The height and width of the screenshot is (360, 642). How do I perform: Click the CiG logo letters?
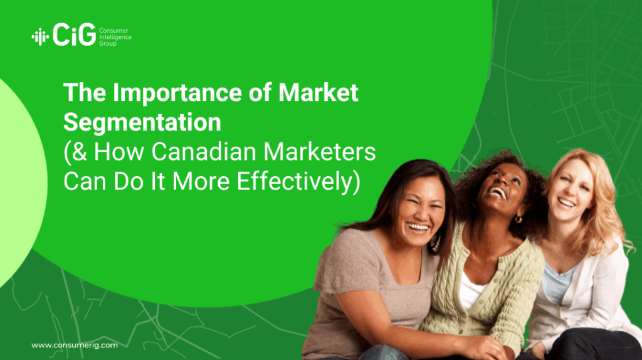pyautogui.click(x=74, y=34)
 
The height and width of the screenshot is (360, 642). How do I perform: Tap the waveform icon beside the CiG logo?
pyautogui.click(x=40, y=37)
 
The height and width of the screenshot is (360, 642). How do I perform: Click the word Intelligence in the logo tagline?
pyautogui.click(x=115, y=37)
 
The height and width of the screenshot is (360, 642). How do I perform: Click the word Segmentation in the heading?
pyautogui.click(x=142, y=122)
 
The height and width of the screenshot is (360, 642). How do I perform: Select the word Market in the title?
pyautogui.click(x=318, y=92)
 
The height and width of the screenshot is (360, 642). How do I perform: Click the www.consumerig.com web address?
pyautogui.click(x=75, y=345)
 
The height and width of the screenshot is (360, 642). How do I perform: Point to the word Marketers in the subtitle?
pyautogui.click(x=319, y=151)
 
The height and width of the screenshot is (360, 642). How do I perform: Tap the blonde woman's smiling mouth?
pyautogui.click(x=566, y=203)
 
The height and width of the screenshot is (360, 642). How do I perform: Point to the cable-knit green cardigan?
pyautogui.click(x=484, y=287)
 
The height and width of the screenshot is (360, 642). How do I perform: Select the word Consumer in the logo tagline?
pyautogui.click(x=114, y=31)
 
